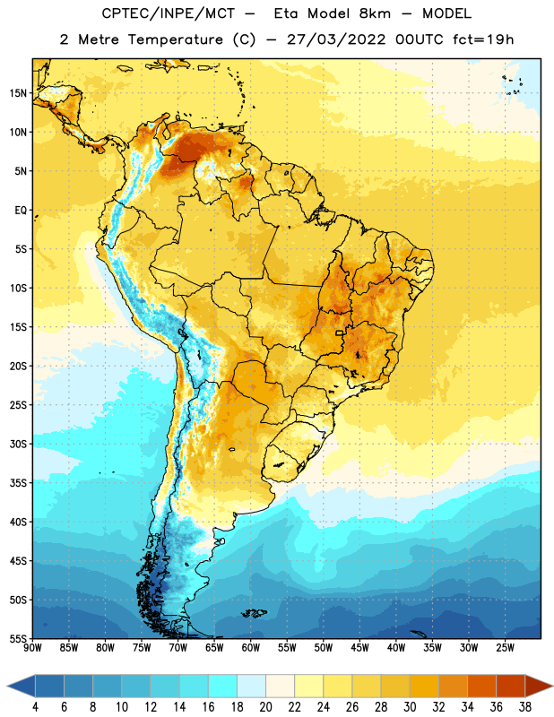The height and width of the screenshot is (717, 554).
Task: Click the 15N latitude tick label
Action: [x=18, y=93]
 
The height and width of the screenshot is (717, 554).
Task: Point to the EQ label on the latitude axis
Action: [x=21, y=211]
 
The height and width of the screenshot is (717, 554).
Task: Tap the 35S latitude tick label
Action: [x=18, y=483]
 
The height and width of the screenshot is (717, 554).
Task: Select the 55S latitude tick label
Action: [x=18, y=639]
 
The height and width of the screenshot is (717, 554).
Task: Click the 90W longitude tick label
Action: [x=33, y=648]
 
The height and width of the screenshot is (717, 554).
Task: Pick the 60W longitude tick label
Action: [x=251, y=648]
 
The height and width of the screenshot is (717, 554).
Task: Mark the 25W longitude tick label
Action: [x=505, y=648]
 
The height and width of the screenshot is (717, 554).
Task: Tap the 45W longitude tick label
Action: [x=360, y=648]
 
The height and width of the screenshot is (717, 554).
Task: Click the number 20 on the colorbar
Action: [x=265, y=707]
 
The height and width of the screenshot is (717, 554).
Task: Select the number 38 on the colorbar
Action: [x=525, y=707]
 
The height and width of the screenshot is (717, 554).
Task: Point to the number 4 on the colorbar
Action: [x=35, y=707]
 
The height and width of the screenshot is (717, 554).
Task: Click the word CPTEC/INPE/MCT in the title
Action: [x=168, y=14]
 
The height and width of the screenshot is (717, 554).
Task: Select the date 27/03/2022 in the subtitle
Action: [x=336, y=39]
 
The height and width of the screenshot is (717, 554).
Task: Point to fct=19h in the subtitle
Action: [x=483, y=39]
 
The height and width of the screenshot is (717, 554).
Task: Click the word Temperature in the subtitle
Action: [x=175, y=39]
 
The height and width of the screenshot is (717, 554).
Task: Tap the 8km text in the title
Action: [x=375, y=13]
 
